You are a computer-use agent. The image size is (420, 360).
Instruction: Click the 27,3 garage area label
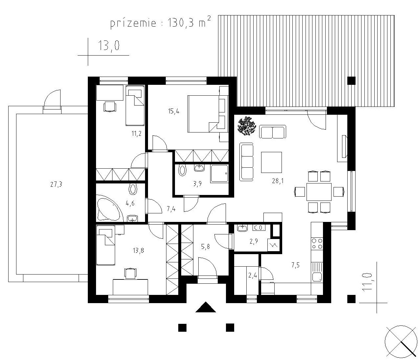(x=56, y=184)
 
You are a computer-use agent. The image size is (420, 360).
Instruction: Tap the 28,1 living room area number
(x=278, y=181)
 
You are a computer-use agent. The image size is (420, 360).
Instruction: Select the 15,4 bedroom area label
(x=174, y=111)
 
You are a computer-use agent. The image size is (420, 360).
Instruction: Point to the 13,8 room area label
(x=138, y=250)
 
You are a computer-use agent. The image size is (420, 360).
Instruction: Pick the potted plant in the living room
(x=247, y=126)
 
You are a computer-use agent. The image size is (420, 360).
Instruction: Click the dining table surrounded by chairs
(x=319, y=192)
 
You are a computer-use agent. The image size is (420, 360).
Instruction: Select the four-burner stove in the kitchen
(x=317, y=244)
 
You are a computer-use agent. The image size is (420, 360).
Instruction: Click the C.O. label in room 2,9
(x=259, y=228)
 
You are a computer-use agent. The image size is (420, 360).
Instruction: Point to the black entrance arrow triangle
(x=206, y=307)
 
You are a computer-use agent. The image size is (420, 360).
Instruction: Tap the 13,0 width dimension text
(x=109, y=45)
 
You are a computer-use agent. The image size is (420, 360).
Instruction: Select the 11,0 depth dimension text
(x=367, y=281)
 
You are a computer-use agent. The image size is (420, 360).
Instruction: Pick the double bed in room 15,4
(x=204, y=114)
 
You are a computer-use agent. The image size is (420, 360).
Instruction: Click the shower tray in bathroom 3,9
(x=219, y=174)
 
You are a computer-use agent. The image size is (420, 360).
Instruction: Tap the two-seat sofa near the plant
(x=273, y=132)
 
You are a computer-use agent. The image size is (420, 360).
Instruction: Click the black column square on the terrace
(x=351, y=81)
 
